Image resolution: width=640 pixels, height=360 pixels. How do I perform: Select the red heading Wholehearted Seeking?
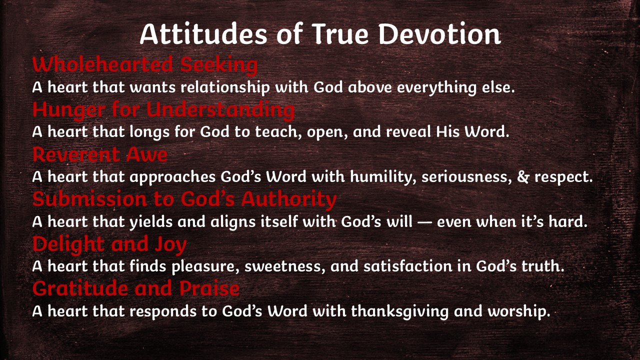coord(145,65)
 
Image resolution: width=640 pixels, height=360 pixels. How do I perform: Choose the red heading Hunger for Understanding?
coord(163,109)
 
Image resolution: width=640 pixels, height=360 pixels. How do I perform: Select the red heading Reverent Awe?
coord(100,154)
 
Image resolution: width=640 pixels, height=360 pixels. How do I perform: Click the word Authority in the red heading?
coord(289,199)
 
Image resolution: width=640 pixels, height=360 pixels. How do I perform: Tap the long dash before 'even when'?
coord(424,221)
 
